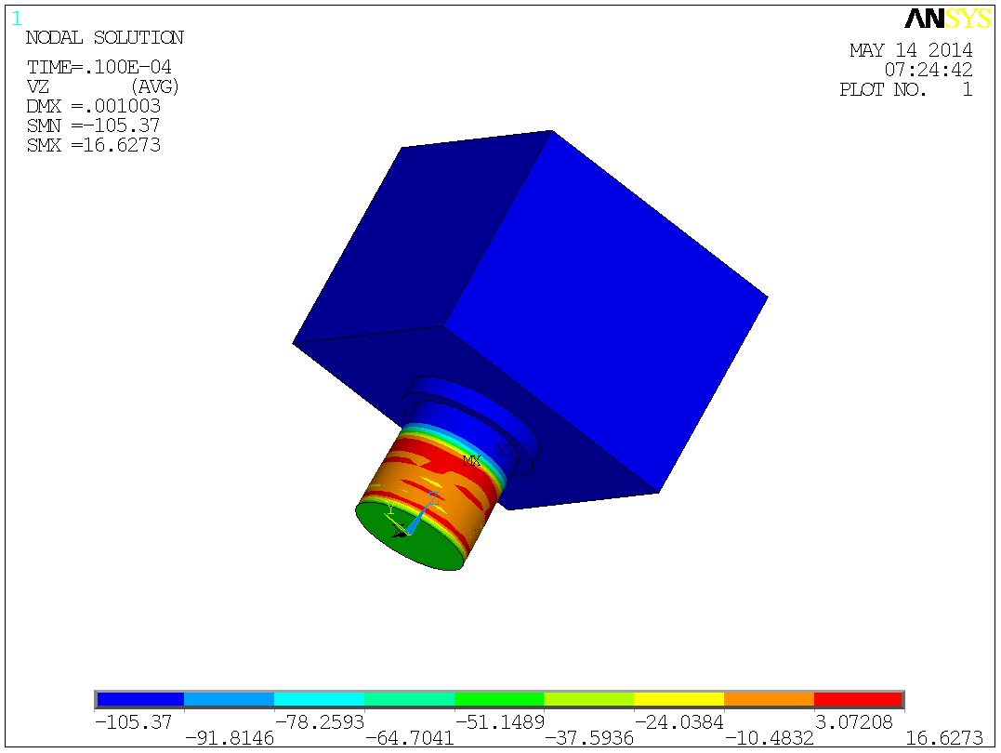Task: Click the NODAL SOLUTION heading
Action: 104,38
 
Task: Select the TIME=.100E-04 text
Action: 99,68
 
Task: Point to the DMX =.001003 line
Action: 93,106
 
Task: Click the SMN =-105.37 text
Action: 93,125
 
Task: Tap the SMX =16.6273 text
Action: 93,145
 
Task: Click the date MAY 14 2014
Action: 911,51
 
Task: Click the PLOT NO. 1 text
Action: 905,90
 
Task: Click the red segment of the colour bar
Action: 858,699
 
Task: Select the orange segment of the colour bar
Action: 769,699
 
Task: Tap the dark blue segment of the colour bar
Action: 140,699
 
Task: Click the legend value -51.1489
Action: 498,721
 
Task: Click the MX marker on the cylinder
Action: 471,461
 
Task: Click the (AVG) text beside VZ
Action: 153,86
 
